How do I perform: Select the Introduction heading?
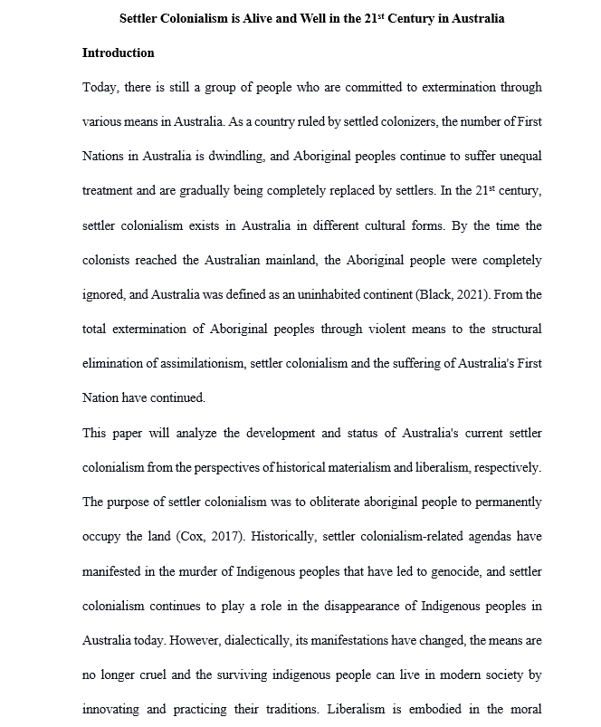[119, 53]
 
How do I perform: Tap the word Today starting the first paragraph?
[100, 88]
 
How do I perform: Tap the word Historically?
[264, 536]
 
